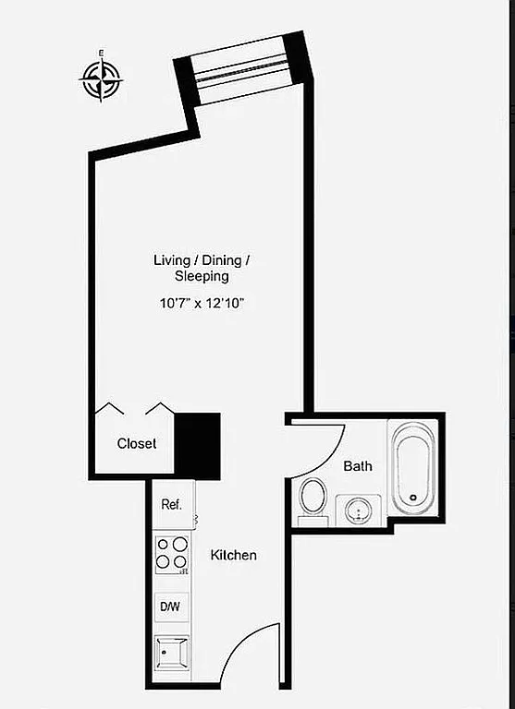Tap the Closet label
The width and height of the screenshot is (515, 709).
coord(136,444)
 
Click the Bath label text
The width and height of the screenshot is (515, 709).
coord(358,466)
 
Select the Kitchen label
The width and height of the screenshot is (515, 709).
coord(233,556)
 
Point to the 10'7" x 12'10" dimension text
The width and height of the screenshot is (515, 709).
coord(202,302)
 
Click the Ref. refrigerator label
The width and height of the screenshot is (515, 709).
coord(171,504)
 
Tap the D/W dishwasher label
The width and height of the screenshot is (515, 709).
coord(171,607)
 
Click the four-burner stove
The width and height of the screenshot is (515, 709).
coord(171,554)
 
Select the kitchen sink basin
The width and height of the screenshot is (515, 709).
coord(172,655)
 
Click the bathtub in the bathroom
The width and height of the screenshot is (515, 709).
coord(412,468)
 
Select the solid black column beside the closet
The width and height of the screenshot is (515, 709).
coord(198,445)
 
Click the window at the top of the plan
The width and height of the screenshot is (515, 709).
coord(242,68)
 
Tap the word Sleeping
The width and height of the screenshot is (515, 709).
coord(202,276)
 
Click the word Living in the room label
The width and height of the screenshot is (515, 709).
coord(171,260)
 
